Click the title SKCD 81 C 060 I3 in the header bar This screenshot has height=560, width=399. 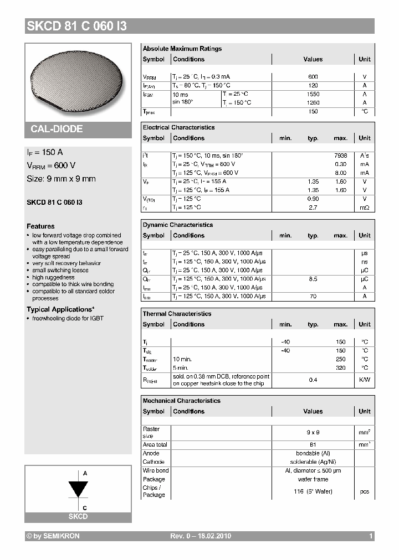(x=76, y=26)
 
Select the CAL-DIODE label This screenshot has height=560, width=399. (x=57, y=129)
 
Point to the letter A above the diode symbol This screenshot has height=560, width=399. (x=85, y=474)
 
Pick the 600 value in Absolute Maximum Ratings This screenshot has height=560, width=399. (x=313, y=77)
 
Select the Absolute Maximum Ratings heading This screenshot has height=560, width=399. (x=182, y=49)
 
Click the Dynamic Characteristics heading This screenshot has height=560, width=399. (x=177, y=225)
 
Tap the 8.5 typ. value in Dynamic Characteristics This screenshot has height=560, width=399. (x=313, y=279)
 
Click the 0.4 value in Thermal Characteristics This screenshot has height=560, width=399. (x=313, y=380)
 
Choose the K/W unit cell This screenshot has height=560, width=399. (x=365, y=380)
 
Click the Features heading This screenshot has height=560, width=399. (x=40, y=226)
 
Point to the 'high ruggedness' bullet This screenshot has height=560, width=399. (x=53, y=278)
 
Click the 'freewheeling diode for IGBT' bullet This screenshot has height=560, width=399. (x=68, y=318)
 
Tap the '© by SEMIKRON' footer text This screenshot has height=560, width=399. (x=53, y=536)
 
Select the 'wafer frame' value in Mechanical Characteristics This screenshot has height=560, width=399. (x=313, y=479)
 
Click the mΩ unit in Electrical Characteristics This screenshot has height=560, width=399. (x=365, y=208)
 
